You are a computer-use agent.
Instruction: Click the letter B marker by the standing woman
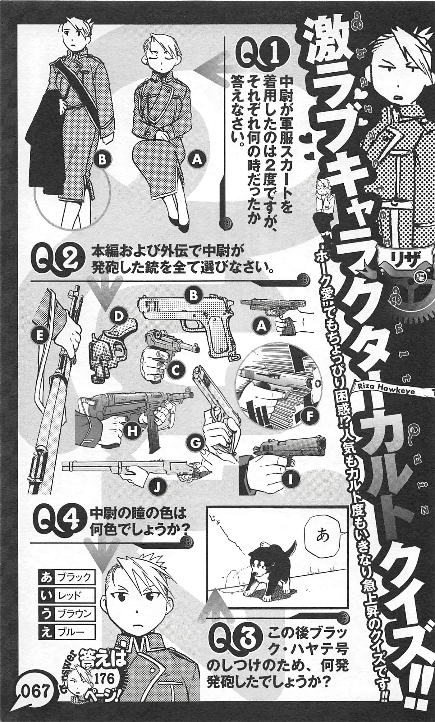click(103, 159)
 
